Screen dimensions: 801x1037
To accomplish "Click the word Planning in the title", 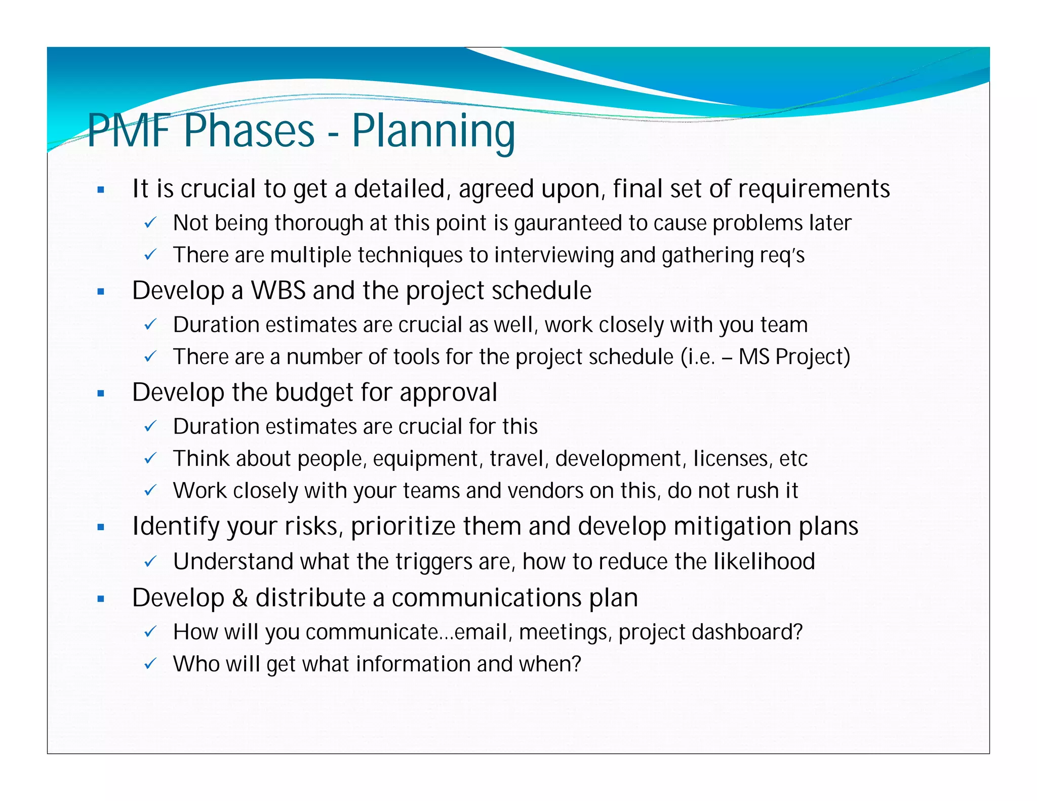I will (433, 131).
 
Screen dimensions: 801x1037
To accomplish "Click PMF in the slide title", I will (129, 131).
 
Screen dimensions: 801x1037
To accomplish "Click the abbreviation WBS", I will (278, 291).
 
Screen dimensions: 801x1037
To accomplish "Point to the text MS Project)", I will (794, 357).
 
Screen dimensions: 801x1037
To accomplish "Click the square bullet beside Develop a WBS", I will (101, 292).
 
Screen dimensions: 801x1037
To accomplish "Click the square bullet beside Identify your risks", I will (101, 527).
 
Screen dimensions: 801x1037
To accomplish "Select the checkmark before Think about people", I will (150, 459).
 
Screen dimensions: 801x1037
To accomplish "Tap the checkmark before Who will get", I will (150, 664).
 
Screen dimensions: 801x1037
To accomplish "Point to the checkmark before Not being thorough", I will (150, 223).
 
